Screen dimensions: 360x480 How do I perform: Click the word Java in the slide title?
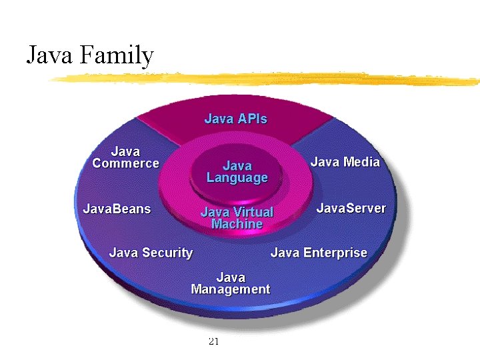(x=50, y=55)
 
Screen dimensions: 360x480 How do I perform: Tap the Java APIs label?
(x=235, y=119)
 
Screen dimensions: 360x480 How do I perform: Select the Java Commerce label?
(x=125, y=157)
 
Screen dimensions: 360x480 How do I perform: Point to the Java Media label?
(x=345, y=162)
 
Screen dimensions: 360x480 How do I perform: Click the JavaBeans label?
(x=117, y=209)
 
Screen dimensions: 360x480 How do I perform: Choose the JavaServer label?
(x=351, y=208)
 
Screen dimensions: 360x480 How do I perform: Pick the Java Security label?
(x=151, y=253)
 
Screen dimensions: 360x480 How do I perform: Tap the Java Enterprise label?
(x=319, y=253)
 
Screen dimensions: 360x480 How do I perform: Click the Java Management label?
(x=231, y=283)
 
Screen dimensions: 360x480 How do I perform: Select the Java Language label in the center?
(x=237, y=171)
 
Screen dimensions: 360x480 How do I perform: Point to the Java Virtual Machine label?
(x=237, y=218)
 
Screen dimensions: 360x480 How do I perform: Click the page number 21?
(x=214, y=342)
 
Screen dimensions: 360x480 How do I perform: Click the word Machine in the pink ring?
(x=237, y=224)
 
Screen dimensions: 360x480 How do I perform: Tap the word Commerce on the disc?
(x=125, y=163)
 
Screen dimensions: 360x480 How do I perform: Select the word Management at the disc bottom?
(x=231, y=289)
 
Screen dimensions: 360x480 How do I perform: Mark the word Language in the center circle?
(x=237, y=178)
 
